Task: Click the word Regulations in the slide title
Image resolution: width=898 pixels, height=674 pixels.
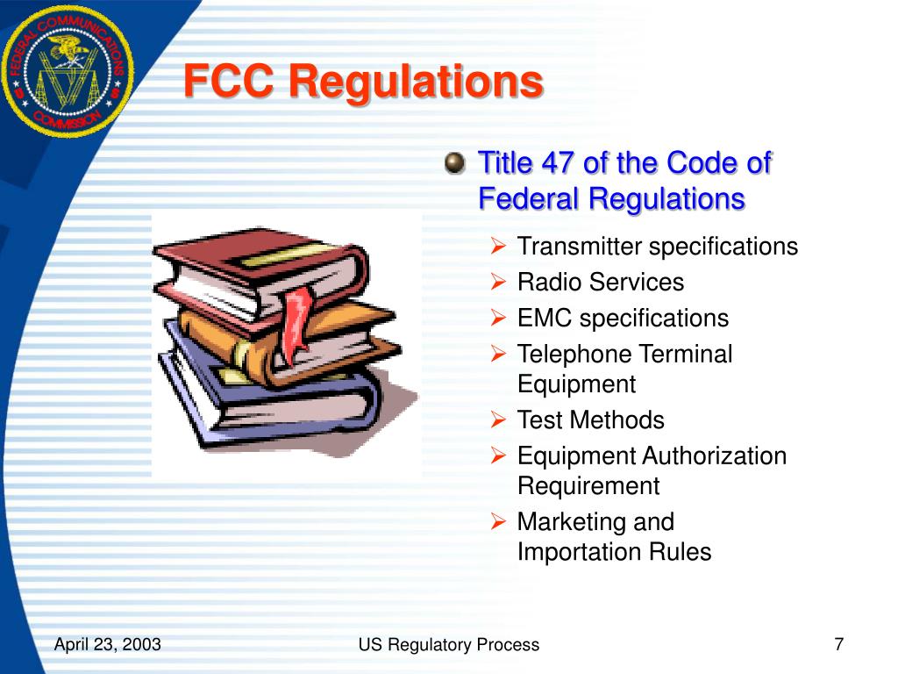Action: click(x=416, y=82)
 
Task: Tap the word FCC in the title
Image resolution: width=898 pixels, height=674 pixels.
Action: click(x=231, y=82)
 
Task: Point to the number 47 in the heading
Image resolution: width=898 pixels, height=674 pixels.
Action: click(x=560, y=163)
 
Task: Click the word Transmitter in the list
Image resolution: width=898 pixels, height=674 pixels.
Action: click(x=580, y=247)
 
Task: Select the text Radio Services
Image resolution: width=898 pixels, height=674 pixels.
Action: click(x=600, y=282)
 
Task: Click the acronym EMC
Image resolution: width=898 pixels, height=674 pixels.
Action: click(x=545, y=318)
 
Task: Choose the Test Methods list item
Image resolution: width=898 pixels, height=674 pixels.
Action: click(x=590, y=420)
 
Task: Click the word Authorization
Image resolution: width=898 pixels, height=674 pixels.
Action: click(x=714, y=456)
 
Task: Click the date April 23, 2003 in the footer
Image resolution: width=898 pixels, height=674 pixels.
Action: click(x=107, y=645)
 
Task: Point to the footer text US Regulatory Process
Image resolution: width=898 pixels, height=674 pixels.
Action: click(x=448, y=645)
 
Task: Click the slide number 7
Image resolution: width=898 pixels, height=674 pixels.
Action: click(x=838, y=645)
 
